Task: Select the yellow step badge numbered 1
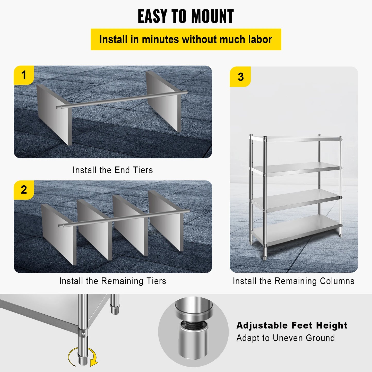coord(24,75)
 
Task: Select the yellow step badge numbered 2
coord(24,190)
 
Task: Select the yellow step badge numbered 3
coord(240,77)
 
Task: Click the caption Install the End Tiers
coord(113,170)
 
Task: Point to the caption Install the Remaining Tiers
coord(113,281)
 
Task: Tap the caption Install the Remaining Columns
coord(293,281)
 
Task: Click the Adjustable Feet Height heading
coord(292,325)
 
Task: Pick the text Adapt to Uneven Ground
coord(286,338)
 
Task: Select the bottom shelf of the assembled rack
coord(296,229)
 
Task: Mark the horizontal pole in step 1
coord(121,99)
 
